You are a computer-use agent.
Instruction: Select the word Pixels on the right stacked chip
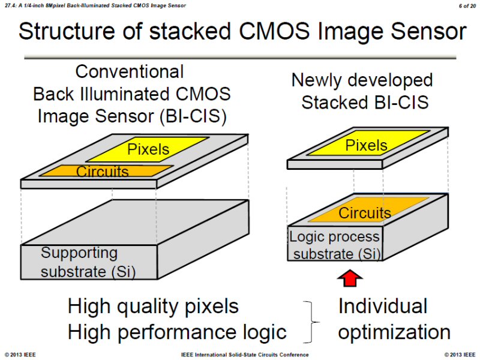[366, 145]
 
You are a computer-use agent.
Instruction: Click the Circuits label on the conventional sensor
[103, 172]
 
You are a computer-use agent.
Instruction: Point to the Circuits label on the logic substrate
[365, 213]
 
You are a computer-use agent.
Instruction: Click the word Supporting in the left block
[79, 253]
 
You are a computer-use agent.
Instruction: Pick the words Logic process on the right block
[334, 236]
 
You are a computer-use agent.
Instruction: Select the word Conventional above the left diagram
[130, 72]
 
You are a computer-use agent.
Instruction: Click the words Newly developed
[362, 80]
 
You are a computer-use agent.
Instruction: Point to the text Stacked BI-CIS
[365, 102]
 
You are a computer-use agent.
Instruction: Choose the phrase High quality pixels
[153, 307]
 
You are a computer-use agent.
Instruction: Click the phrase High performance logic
[177, 332]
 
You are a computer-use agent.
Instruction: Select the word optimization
[394, 332]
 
